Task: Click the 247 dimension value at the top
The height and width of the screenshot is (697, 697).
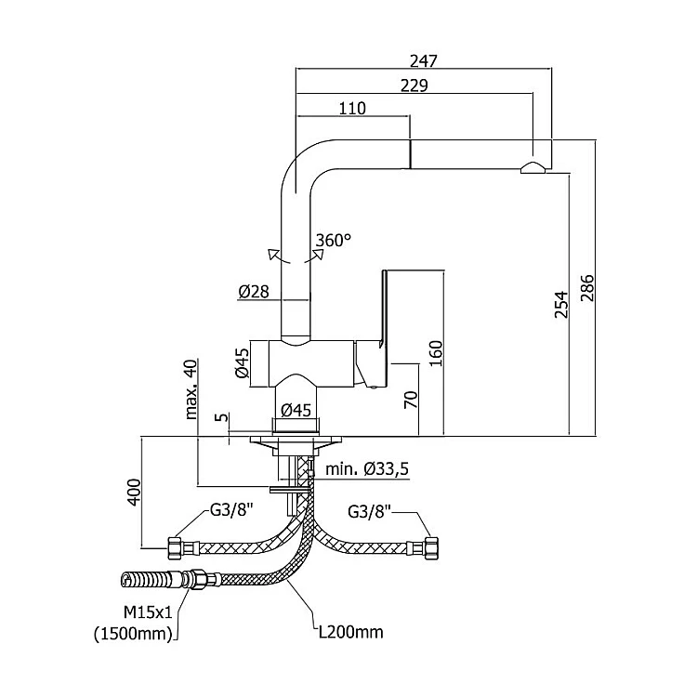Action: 424,60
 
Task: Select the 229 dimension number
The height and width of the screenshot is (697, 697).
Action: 414,85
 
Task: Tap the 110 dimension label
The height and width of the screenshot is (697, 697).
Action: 352,108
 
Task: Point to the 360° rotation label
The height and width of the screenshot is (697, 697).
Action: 333,241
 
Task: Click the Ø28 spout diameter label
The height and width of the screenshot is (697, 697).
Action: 254,292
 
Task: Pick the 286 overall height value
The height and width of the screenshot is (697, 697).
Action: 587,287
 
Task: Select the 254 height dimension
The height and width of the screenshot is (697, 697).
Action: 562,305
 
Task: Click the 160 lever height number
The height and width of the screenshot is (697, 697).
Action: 436,353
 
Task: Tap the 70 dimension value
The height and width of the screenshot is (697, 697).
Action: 411,400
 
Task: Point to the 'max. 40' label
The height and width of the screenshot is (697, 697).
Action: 191,389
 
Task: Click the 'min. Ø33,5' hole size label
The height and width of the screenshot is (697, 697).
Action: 367,469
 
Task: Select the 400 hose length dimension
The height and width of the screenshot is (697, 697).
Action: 134,492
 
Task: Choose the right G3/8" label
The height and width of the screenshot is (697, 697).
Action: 369,512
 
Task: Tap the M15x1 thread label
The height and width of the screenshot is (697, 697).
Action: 148,613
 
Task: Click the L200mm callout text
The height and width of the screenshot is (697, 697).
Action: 351,632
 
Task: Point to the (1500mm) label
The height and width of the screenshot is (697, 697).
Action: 133,634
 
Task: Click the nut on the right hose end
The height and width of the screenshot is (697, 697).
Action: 431,548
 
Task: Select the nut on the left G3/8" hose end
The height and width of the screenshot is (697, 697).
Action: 175,548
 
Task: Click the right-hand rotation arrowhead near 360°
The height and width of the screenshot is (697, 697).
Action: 318,254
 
